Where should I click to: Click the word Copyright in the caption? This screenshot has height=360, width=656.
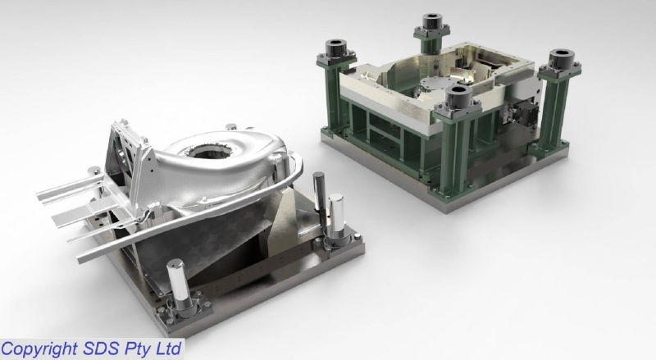pyautogui.click(x=40, y=349)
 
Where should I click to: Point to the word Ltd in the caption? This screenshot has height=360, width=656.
pyautogui.click(x=169, y=349)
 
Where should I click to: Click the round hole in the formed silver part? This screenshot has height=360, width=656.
pyautogui.click(x=208, y=151)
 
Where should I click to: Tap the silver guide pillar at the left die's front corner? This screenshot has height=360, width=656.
pyautogui.click(x=180, y=284)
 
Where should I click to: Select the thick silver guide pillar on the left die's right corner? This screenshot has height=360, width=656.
pyautogui.click(x=335, y=217)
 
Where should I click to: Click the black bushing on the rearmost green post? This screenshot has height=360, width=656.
pyautogui.click(x=432, y=22)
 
